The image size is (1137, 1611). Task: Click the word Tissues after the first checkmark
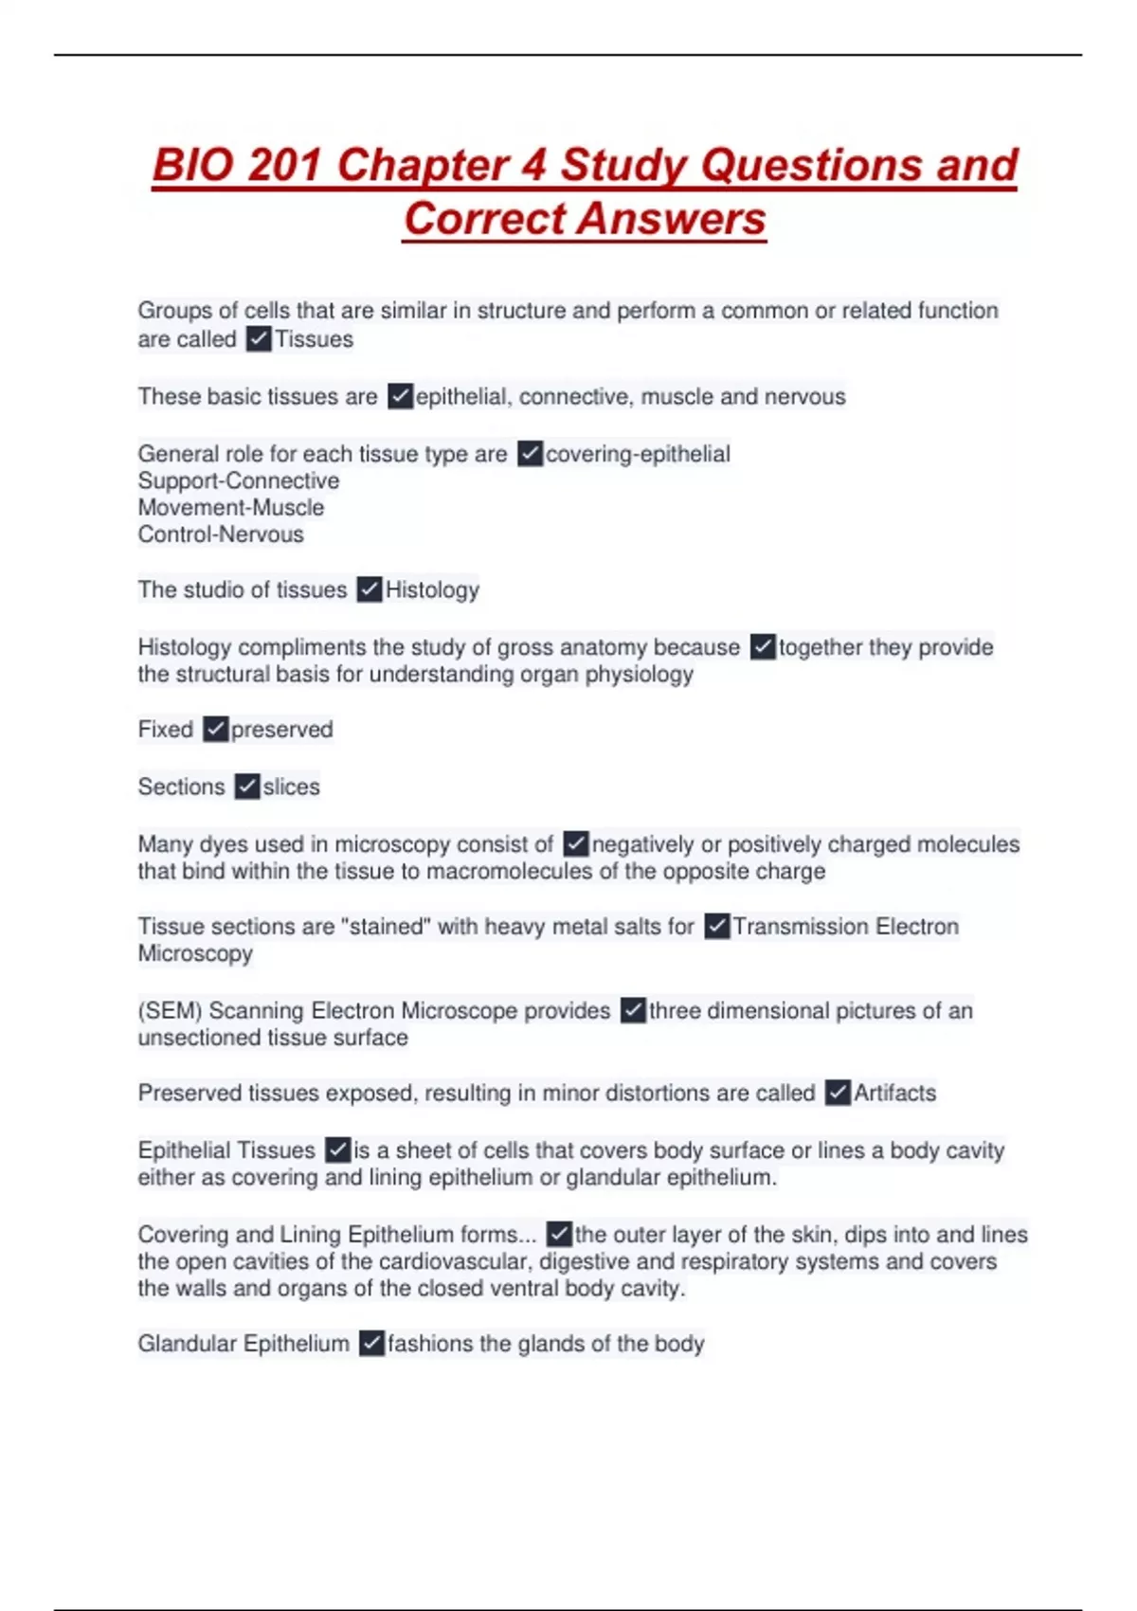coord(314,339)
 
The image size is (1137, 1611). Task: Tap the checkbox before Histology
coord(370,589)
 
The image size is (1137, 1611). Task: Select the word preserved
coord(282,730)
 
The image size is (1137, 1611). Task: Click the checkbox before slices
coord(247,787)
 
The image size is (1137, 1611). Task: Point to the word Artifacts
coord(894,1093)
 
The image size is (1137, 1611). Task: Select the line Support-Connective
coord(239,480)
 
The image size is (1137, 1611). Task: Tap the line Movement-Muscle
coord(231,507)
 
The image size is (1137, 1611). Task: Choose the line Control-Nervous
coord(221,534)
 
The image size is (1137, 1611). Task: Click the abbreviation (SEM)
coord(170,1010)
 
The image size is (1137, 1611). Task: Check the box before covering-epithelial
coord(531,454)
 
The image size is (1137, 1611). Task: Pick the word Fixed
coord(166,730)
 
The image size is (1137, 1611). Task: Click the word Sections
coord(182,787)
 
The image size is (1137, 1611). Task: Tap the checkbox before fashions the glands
coord(372,1343)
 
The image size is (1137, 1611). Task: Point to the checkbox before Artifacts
coord(838,1093)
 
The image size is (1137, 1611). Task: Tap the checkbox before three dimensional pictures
coord(633,1010)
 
